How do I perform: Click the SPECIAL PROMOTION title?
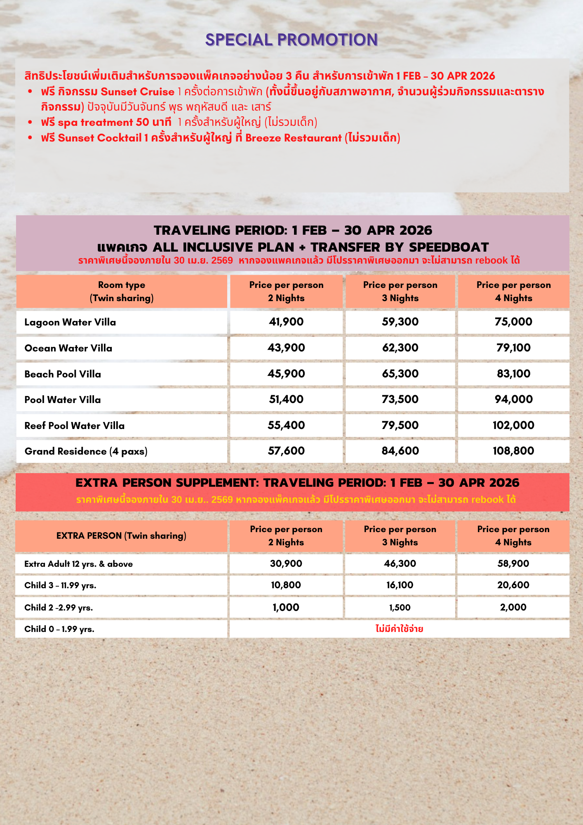click(x=291, y=40)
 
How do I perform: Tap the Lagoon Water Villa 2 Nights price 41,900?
click(x=286, y=322)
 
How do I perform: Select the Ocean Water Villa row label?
click(x=68, y=348)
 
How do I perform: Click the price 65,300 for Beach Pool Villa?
click(x=400, y=374)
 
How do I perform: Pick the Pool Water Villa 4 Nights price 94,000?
click(x=513, y=399)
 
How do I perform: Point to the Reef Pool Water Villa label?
click(x=74, y=426)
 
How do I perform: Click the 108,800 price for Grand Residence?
click(x=513, y=451)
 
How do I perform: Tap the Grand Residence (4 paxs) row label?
click(x=86, y=451)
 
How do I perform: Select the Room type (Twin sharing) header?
click(x=122, y=291)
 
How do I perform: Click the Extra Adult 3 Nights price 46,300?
click(x=400, y=563)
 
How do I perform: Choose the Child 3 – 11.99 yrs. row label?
click(x=60, y=585)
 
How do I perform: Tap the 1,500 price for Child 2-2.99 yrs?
click(x=400, y=607)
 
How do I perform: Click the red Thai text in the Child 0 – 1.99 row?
click(x=399, y=629)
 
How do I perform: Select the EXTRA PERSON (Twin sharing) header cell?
click(x=121, y=536)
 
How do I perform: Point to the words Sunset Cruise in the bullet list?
click(x=137, y=92)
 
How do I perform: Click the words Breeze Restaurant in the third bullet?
click(x=293, y=138)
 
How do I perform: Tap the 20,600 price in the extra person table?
click(x=513, y=585)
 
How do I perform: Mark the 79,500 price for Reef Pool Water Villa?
click(x=400, y=425)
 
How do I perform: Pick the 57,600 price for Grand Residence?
click(x=286, y=451)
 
